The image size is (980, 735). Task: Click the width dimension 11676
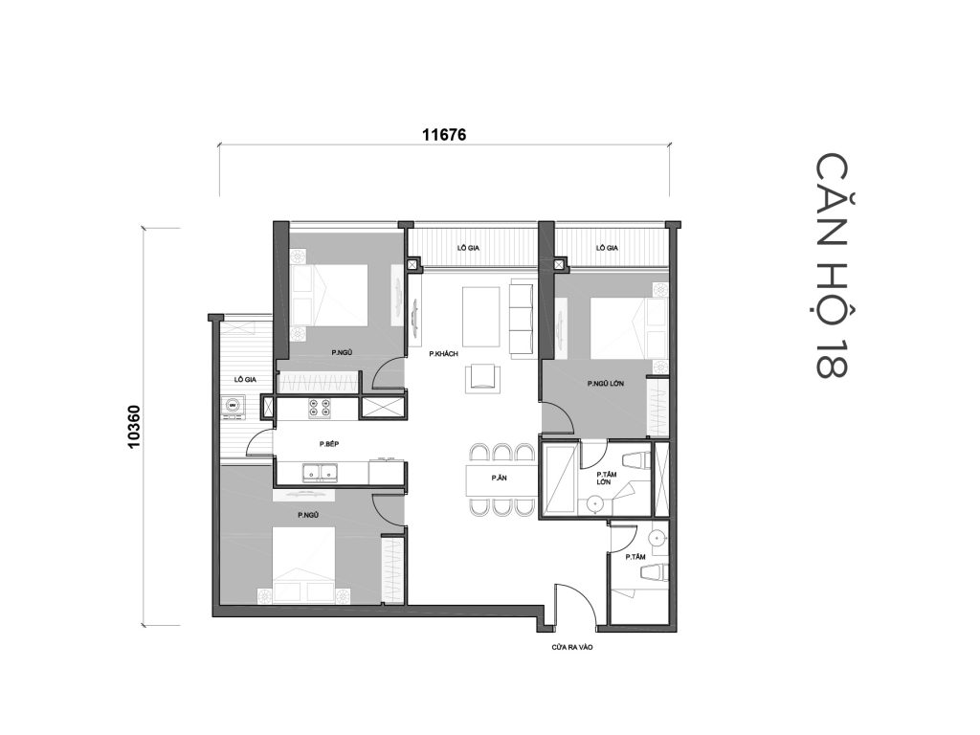point(443,135)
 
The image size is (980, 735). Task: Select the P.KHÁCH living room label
point(445,354)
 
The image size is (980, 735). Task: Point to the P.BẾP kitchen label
point(330,444)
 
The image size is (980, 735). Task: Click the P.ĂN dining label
point(499,478)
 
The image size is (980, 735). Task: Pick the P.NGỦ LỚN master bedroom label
point(606,383)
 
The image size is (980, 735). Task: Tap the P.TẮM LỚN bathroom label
point(604,478)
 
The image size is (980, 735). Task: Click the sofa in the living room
point(523,317)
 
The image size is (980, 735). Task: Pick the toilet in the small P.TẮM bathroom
point(653,571)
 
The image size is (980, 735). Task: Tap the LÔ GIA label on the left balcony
point(243,379)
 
